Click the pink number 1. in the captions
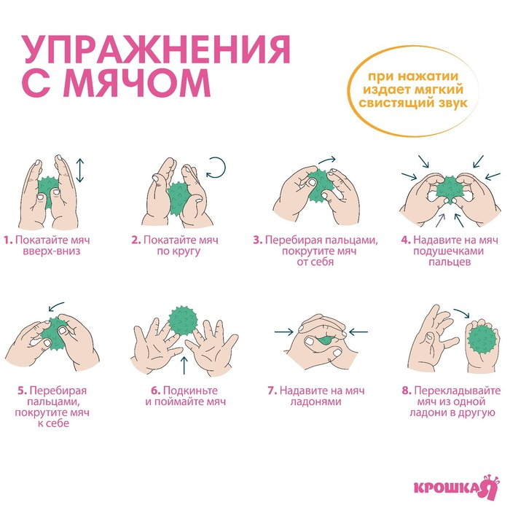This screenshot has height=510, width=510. (x=9, y=239)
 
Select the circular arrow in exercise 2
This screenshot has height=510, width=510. (x=216, y=168)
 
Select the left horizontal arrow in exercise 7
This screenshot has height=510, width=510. (x=284, y=332)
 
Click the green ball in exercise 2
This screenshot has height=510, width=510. (x=177, y=197)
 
